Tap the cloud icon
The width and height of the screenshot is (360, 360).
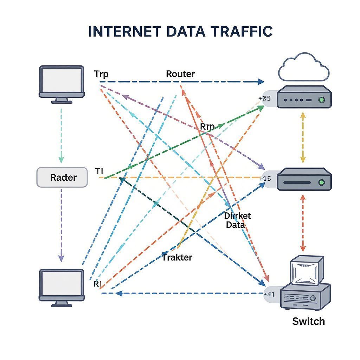tap(303, 67)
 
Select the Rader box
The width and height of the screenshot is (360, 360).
tap(62, 177)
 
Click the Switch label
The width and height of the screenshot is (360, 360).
tap(308, 321)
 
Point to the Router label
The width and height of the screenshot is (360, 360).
tap(180, 74)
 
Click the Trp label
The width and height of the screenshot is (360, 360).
tap(101, 74)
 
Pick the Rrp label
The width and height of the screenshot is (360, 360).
tap(207, 127)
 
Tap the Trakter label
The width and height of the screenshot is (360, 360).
tap(177, 257)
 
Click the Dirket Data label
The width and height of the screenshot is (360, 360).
tap(237, 220)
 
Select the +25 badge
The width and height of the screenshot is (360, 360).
tap(265, 99)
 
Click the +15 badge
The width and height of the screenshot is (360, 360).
tap(265, 179)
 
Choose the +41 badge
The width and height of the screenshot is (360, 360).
tap(269, 294)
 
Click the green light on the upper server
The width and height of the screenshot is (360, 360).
tap(321, 100)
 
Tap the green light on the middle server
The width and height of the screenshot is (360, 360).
tap(321, 182)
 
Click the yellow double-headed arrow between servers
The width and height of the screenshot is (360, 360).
tap(302, 137)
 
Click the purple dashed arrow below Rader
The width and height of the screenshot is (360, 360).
tap(61, 225)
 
